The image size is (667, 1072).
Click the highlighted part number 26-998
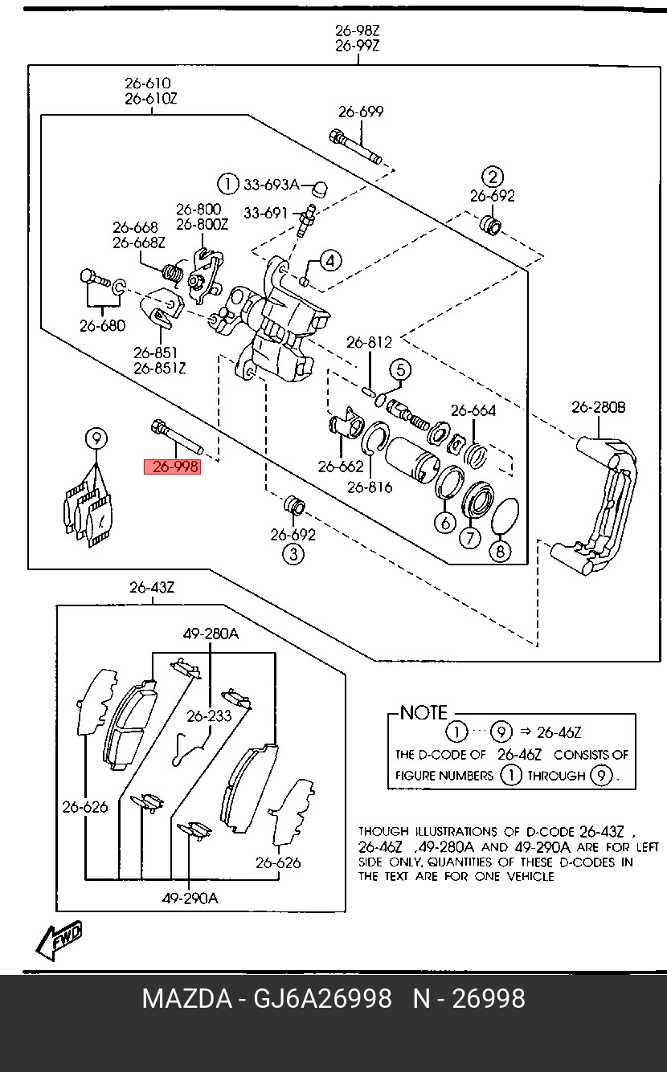click(x=171, y=467)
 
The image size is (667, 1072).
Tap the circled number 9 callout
click(x=96, y=438)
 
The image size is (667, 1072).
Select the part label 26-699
click(x=360, y=112)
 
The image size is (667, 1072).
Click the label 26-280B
click(x=598, y=407)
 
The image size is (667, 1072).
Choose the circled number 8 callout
click(x=500, y=552)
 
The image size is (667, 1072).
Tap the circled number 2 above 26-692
click(x=492, y=177)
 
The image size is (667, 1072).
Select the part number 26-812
click(x=369, y=343)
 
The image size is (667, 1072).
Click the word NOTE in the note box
click(x=423, y=713)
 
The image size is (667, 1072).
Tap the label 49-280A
click(x=211, y=634)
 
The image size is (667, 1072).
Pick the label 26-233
click(x=209, y=715)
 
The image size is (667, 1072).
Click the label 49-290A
click(x=190, y=899)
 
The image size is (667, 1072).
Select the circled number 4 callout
click(x=330, y=260)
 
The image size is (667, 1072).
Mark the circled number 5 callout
click(x=400, y=369)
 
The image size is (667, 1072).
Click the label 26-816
click(x=370, y=487)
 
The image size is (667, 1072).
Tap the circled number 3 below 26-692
click(x=293, y=553)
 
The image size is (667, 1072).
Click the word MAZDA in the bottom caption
click(x=186, y=999)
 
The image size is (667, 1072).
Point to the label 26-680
click(x=102, y=326)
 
